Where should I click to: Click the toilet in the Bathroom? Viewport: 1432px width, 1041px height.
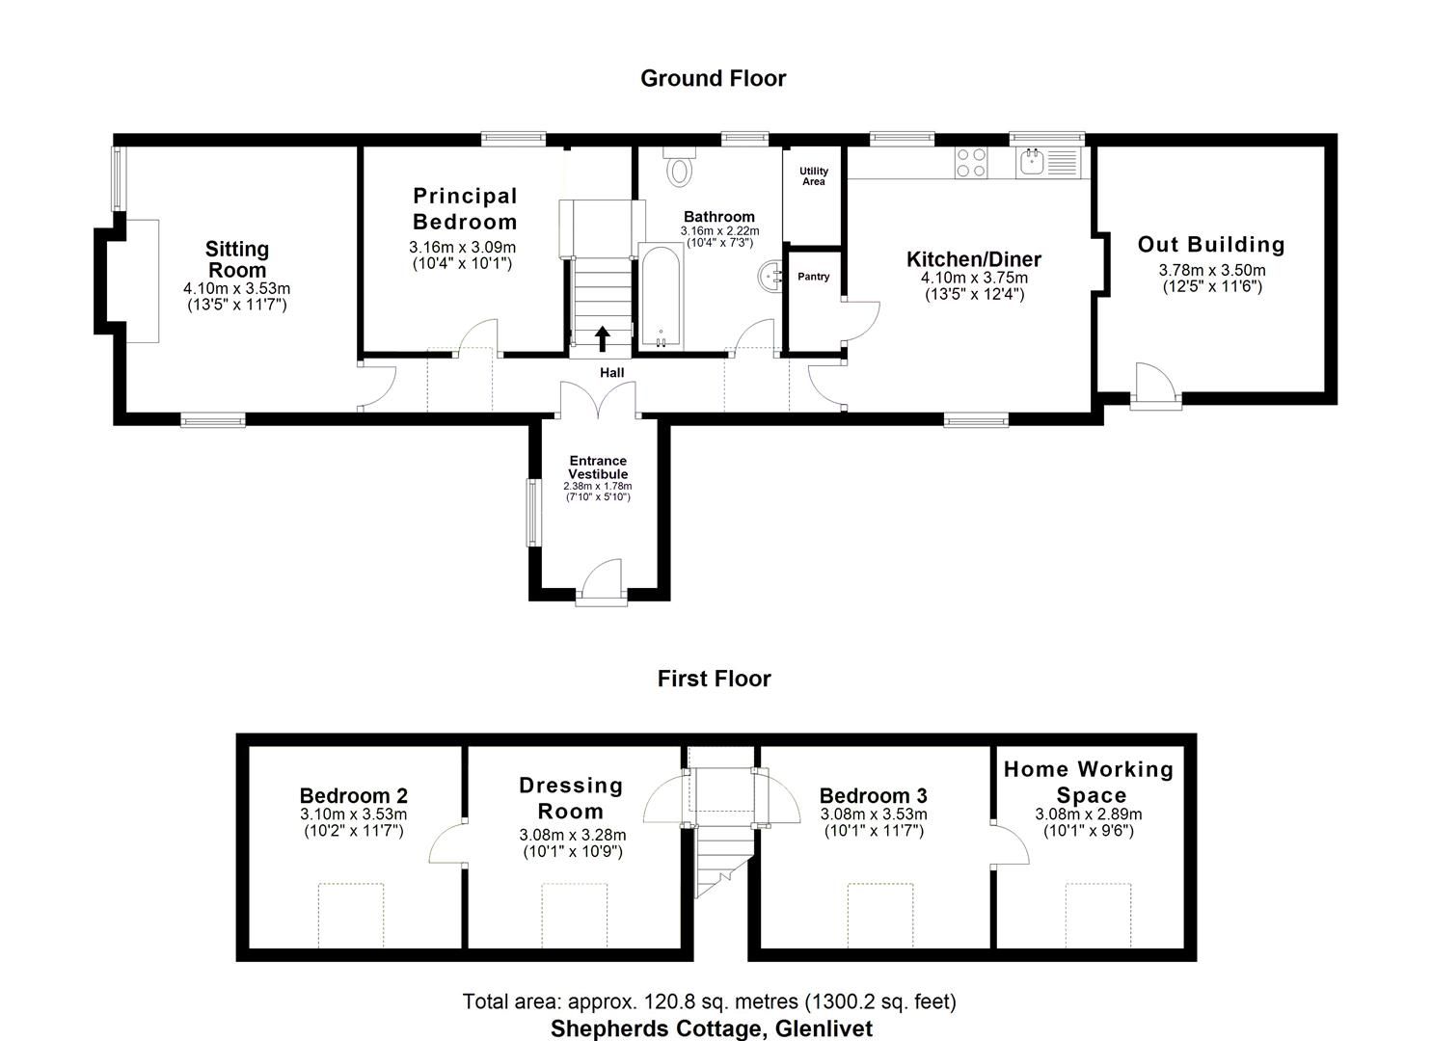pyautogui.click(x=680, y=167)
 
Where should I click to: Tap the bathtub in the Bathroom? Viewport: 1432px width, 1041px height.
pyautogui.click(x=661, y=297)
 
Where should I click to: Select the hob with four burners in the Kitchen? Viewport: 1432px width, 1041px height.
pyautogui.click(x=970, y=162)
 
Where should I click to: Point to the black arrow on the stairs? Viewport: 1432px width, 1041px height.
pyautogui.click(x=602, y=337)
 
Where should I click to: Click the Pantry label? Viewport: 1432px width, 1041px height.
pyautogui.click(x=813, y=277)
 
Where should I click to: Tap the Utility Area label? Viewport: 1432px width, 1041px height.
pyautogui.click(x=813, y=175)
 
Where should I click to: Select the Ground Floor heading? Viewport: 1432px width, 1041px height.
pyautogui.click(x=713, y=78)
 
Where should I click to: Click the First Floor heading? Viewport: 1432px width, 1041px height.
pyautogui.click(x=714, y=679)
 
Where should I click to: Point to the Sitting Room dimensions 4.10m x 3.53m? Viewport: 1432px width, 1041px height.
pyautogui.click(x=236, y=288)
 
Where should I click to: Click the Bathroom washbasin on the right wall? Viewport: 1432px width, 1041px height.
pyautogui.click(x=770, y=277)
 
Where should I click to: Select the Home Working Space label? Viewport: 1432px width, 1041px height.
pyautogui.click(x=1089, y=782)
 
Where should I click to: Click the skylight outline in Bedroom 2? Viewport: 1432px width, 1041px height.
pyautogui.click(x=351, y=914)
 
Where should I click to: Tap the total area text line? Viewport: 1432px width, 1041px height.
pyautogui.click(x=709, y=1001)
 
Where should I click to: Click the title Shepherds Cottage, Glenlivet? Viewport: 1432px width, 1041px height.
pyautogui.click(x=712, y=1028)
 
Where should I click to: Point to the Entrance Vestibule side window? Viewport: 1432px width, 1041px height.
pyautogui.click(x=531, y=513)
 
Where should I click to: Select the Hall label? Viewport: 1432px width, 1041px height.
pyautogui.click(x=611, y=373)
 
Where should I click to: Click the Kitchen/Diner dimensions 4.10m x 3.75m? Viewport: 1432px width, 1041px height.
pyautogui.click(x=974, y=279)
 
